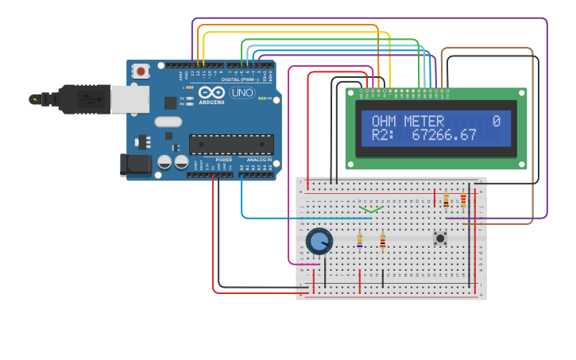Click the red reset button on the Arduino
tap(141, 71)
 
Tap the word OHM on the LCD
tap(385, 122)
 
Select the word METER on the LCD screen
tap(424, 122)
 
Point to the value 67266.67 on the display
tap(444, 136)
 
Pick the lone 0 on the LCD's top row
tap(496, 122)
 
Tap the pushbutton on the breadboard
tap(439, 238)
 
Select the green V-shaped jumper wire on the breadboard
tap(371, 210)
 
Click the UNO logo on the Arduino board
tap(242, 93)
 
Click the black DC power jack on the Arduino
tap(135, 165)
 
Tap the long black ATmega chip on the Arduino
tap(231, 144)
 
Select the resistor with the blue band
tap(359, 240)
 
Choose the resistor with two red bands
tap(463, 201)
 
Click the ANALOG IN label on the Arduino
tap(258, 160)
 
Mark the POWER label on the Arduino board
tap(224, 160)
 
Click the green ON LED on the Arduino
tap(262, 99)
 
